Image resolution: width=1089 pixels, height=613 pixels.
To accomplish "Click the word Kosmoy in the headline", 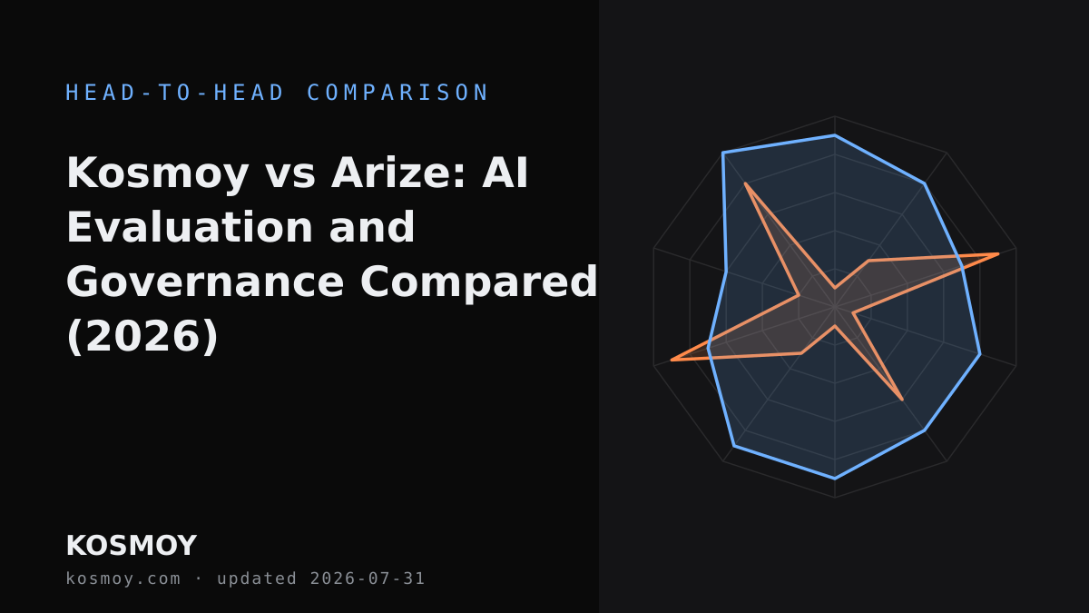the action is pos(158,174).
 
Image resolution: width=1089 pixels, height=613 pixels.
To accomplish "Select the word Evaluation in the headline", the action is pos(190,227).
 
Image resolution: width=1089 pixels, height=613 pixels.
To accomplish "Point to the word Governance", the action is pos(205,282).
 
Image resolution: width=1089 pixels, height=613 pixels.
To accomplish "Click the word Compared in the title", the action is pos(478,283).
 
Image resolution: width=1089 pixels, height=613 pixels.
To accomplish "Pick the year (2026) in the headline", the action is pos(142,337).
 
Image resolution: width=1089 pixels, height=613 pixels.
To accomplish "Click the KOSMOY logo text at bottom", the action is pos(132,546).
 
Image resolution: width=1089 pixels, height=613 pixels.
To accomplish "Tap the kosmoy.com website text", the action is pos(123,579).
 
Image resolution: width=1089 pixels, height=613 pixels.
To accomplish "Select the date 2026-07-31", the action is pos(367,578).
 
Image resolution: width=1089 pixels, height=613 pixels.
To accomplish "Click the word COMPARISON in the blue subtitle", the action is pos(397,93).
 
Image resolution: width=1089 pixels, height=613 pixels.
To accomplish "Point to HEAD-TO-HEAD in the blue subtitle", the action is pos(174,93).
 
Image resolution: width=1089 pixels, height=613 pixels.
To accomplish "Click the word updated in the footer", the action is pos(257,579).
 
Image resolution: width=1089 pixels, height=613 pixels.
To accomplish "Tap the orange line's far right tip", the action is pos(998,253).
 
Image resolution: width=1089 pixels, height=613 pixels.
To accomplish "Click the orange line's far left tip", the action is pos(672,360).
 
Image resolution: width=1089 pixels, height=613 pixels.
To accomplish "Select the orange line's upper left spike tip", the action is pos(745,183).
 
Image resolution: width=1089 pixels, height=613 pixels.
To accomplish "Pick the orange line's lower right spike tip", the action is pos(903,400).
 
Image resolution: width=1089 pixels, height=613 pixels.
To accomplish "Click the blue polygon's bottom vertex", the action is pos(835,479).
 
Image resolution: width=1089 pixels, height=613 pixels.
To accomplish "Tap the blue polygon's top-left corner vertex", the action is pos(723,153).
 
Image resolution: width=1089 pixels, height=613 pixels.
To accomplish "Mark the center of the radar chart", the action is pos(835,307).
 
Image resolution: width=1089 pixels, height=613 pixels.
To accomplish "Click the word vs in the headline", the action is pos(289,174).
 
